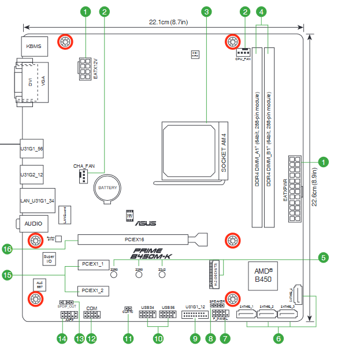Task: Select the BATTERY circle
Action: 107,188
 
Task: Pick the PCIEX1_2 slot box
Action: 93,290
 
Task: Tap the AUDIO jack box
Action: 32,223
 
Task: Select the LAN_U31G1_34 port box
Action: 37,200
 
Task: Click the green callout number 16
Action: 8,249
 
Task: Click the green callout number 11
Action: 128,338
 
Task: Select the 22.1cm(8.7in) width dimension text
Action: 168,22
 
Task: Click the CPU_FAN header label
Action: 243,59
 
